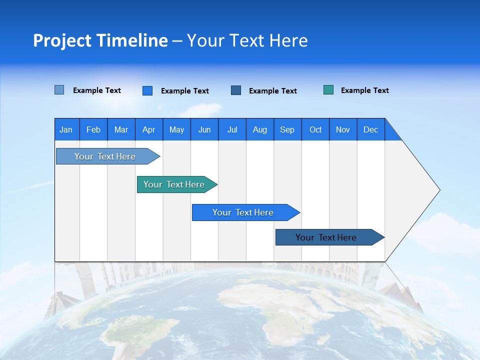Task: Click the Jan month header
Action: coord(66,129)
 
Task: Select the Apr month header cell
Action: coord(149,129)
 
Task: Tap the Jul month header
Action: coord(232,129)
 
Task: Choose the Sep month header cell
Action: coord(287,129)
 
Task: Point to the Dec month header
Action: coord(370,129)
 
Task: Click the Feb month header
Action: coord(93,129)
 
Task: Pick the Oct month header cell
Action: coord(315,129)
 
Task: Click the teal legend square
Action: coord(328,90)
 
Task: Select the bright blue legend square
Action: coord(147,90)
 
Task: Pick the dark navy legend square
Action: coord(236,90)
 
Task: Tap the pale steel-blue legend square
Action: coord(59,90)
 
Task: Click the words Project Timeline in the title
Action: coord(100,40)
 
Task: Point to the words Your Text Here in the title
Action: coord(247,40)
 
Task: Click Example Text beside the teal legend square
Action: coord(364,90)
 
